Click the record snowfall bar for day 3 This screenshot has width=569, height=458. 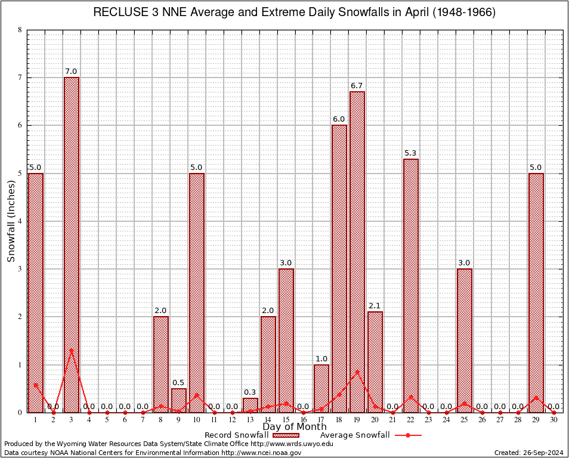pos(72,245)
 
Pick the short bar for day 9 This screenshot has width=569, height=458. pos(179,400)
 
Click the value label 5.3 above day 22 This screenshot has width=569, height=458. pos(411,153)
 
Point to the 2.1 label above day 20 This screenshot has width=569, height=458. pos(375,306)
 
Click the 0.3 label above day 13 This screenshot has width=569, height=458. pos(251,392)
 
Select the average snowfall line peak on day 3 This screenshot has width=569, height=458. pos(72,350)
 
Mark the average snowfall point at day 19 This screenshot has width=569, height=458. pos(357,372)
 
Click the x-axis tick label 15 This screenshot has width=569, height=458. pos(286,420)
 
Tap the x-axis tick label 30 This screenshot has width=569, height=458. pos(554,420)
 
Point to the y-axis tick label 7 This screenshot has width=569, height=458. pos(20,78)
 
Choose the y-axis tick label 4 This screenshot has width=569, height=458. pos(20,221)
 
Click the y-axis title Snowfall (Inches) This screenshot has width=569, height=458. pos(11,221)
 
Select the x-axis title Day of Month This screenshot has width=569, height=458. pos(295,427)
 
